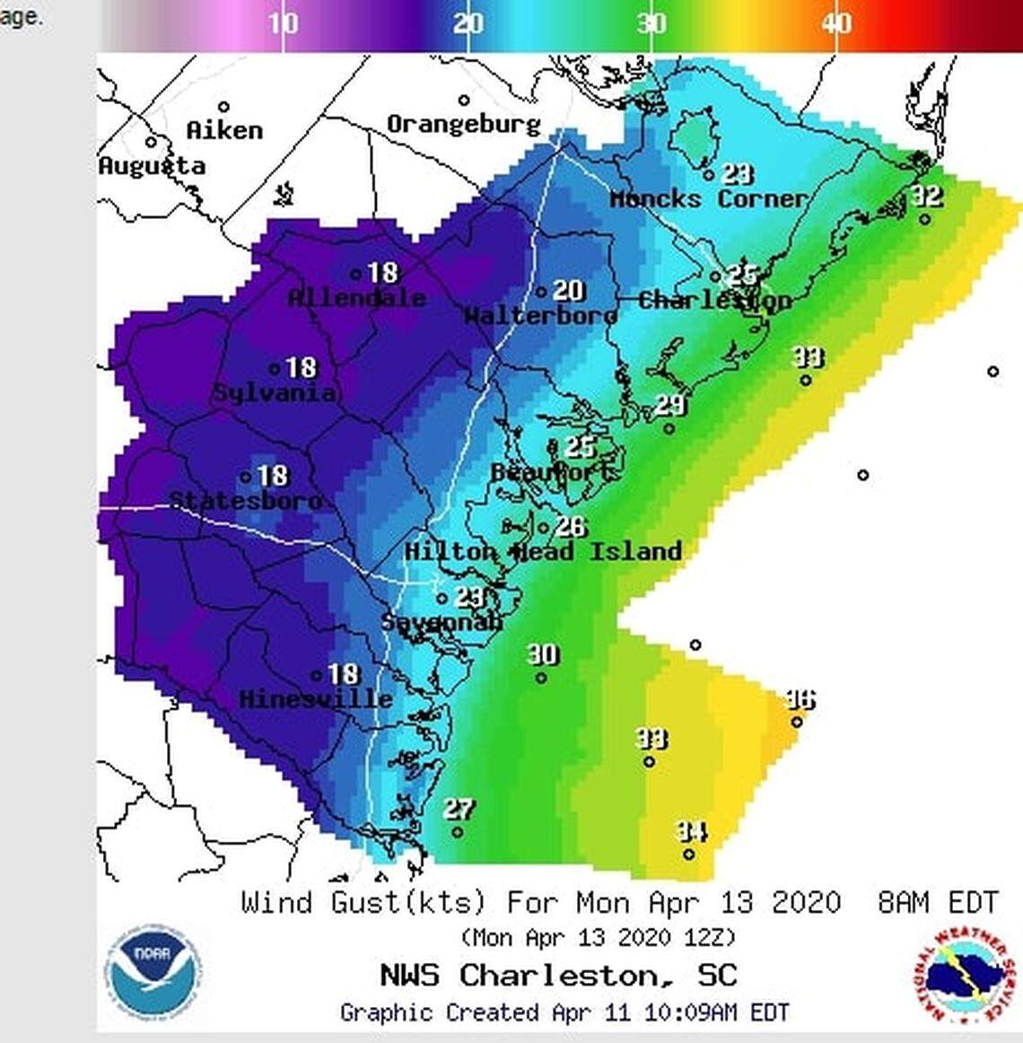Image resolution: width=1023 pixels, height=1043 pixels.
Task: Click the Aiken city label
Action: coord(224,130)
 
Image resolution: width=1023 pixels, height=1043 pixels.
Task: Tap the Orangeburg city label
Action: coord(463,124)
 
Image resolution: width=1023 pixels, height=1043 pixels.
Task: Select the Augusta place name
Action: coord(152,165)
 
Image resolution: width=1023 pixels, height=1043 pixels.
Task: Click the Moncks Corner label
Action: coord(708,198)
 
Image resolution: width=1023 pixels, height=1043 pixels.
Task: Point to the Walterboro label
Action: coord(539,315)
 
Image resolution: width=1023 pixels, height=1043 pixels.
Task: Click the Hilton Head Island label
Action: coord(543,550)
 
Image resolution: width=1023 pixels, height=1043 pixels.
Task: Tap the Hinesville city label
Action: coord(315,698)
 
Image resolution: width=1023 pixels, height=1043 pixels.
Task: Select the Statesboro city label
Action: coord(245,500)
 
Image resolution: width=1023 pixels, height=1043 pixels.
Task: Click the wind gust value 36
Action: coord(800,699)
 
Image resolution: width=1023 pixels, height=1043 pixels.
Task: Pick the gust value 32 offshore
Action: coord(926,196)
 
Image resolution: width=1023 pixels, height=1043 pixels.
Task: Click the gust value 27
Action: coord(459,810)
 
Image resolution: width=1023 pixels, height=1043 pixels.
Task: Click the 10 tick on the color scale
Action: coord(283,23)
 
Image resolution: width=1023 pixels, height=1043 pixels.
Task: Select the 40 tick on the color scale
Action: coord(836,23)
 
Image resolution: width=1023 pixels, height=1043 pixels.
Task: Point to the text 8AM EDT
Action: coord(938,902)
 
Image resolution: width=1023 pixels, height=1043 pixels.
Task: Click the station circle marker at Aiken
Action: coord(223,108)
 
